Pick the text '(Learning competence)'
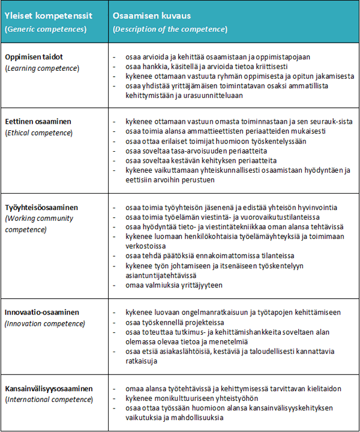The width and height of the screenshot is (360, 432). click(x=42, y=68)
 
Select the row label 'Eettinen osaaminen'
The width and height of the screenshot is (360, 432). click(x=38, y=121)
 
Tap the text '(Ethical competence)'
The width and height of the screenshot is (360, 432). click(x=38, y=132)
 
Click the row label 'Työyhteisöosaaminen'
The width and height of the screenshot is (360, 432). click(x=43, y=207)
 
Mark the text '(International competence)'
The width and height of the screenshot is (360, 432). click(x=49, y=399)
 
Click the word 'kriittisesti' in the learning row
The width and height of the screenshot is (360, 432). click(x=267, y=67)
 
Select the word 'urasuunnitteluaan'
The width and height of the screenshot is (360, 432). click(x=213, y=95)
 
